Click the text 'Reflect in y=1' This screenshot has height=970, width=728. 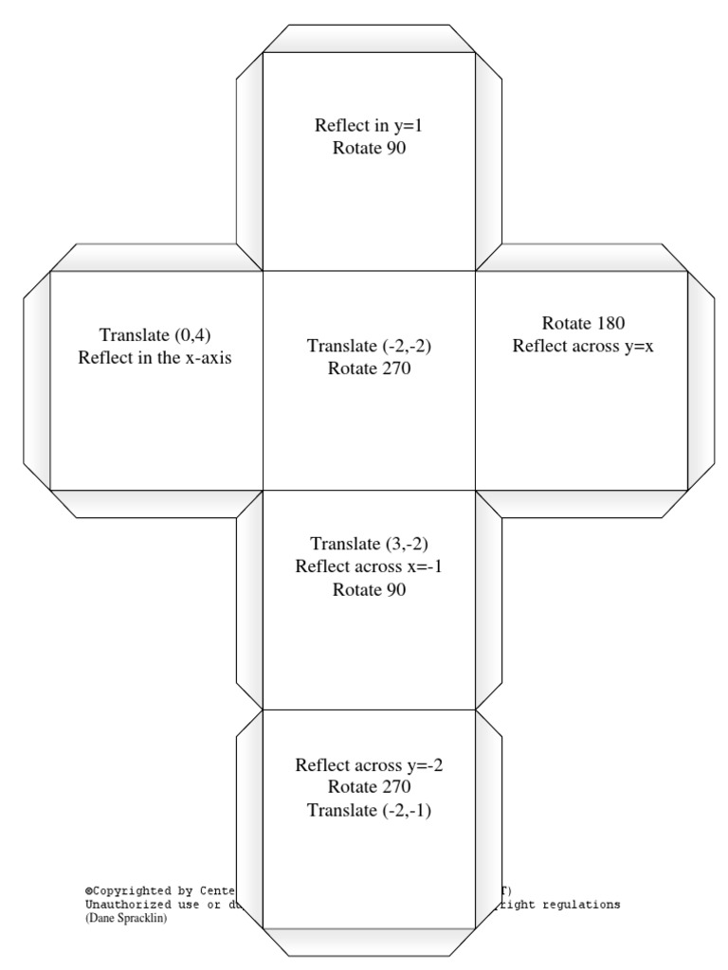click(369, 125)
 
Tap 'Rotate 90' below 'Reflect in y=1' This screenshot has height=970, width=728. click(369, 148)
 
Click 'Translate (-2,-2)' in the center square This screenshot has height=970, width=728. click(369, 347)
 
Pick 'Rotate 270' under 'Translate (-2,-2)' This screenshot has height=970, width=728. click(369, 368)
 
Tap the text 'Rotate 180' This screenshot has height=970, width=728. click(583, 323)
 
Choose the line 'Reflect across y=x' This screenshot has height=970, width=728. click(583, 346)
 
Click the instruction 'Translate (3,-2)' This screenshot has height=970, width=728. click(369, 544)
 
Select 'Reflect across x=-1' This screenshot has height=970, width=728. click(369, 566)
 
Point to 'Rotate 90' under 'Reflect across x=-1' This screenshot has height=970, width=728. click(369, 589)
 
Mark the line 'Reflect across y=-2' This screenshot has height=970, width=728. click(369, 764)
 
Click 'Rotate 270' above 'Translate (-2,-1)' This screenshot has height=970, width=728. click(369, 786)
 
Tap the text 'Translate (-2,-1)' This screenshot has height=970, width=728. click(369, 809)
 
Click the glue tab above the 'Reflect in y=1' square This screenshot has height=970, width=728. click(369, 39)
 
